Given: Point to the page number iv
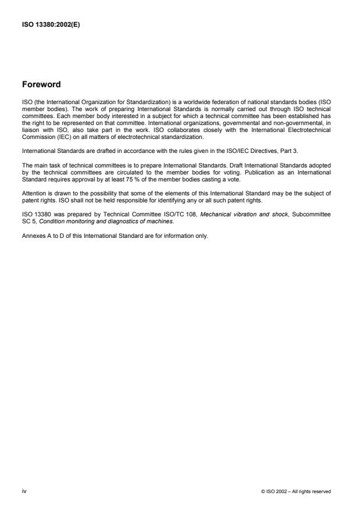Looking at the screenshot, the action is tap(24, 491).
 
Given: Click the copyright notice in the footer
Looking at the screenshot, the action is tap(296, 492).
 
